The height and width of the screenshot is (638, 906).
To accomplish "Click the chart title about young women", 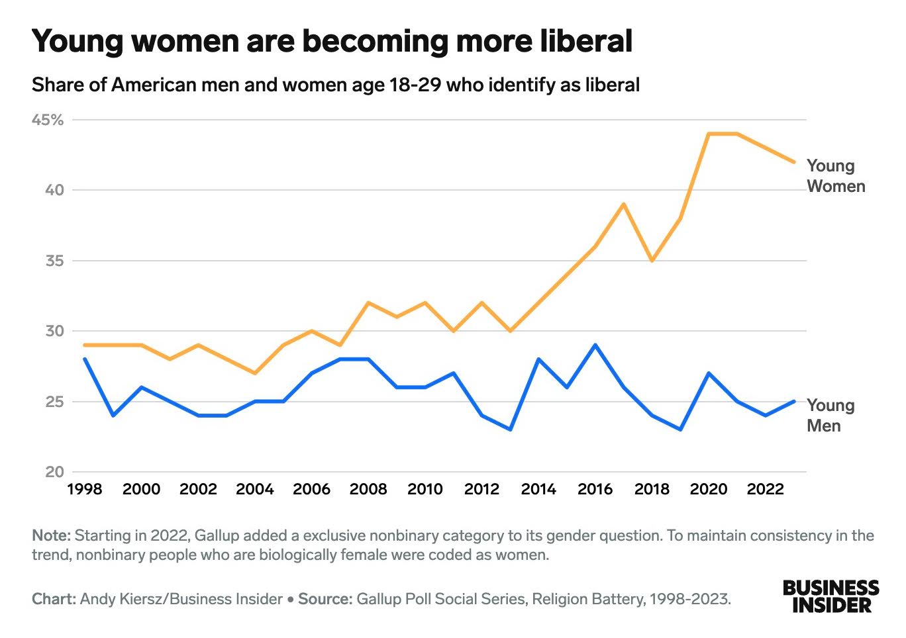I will (x=332, y=41).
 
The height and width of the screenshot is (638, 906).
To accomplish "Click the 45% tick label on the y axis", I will (x=48, y=120).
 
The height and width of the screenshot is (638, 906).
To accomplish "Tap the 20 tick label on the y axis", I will (x=54, y=472).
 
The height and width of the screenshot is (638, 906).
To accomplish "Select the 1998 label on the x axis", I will (x=85, y=489).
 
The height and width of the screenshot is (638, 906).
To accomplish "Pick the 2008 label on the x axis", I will (x=368, y=489).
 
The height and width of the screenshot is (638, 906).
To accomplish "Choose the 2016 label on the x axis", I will (x=595, y=489).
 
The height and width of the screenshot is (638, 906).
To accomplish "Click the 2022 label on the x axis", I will (x=765, y=489).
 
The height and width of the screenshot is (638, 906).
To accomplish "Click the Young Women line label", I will (x=835, y=176).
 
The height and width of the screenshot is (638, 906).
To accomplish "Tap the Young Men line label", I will (x=830, y=416).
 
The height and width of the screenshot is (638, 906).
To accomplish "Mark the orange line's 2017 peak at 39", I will (x=623, y=205).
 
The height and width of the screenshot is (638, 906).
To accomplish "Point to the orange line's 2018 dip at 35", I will (x=652, y=261).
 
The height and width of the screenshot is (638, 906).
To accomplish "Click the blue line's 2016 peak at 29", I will (x=595, y=345).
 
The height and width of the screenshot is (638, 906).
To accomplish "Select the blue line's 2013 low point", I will (x=510, y=430).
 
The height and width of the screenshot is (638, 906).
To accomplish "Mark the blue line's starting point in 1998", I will (x=85, y=359).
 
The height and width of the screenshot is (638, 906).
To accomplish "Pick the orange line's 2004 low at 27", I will (x=255, y=373).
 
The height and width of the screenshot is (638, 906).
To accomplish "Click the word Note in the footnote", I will (x=50, y=535).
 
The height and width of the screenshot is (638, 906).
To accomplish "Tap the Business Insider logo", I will (x=830, y=596).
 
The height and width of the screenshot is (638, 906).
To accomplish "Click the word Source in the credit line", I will (x=325, y=599).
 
